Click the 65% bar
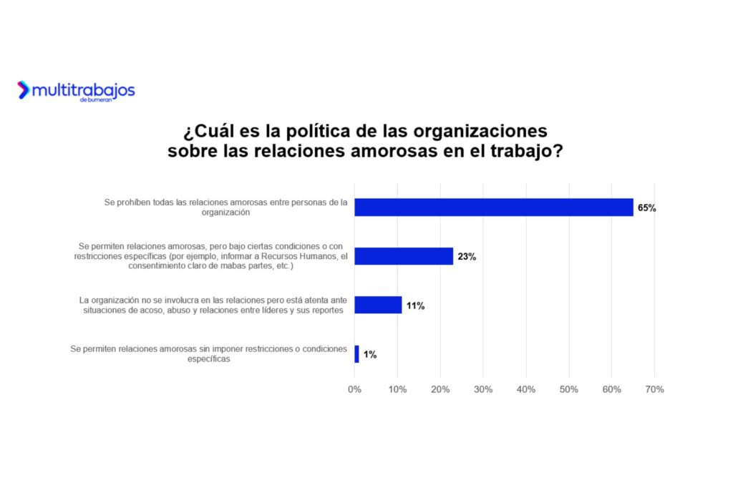tap(493, 208)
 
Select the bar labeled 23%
tap(404, 256)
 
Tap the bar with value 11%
tap(378, 305)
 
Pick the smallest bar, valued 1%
tap(356, 353)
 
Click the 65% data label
tap(647, 208)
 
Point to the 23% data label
tap(467, 257)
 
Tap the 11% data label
tap(415, 306)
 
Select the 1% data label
tap(369, 354)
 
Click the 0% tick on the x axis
tap(354, 389)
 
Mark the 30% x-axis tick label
tap(483, 389)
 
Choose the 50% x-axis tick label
tap(569, 389)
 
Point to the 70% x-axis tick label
tap(654, 389)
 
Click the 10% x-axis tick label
tap(397, 389)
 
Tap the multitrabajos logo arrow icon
tap(24, 89)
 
